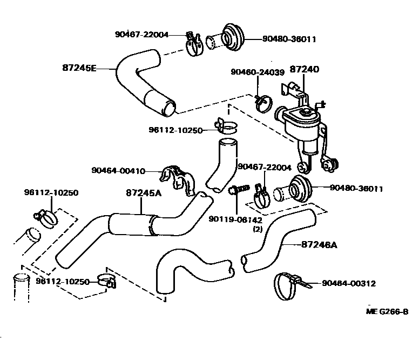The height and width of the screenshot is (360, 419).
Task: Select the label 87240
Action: pos(305,69)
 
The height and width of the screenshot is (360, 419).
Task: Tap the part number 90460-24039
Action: pos(257,72)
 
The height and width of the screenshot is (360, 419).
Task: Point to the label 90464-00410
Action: pos(118,171)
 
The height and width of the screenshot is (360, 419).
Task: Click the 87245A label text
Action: pos(143,192)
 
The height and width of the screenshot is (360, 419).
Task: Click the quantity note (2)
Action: pos(258,229)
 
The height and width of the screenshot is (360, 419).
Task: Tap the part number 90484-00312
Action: pos(349,283)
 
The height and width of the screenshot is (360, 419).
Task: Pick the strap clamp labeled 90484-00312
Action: pos(286,285)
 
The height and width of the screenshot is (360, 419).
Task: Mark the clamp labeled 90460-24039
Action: pos(263,102)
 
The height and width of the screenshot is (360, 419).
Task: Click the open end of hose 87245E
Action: pos(170,108)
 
